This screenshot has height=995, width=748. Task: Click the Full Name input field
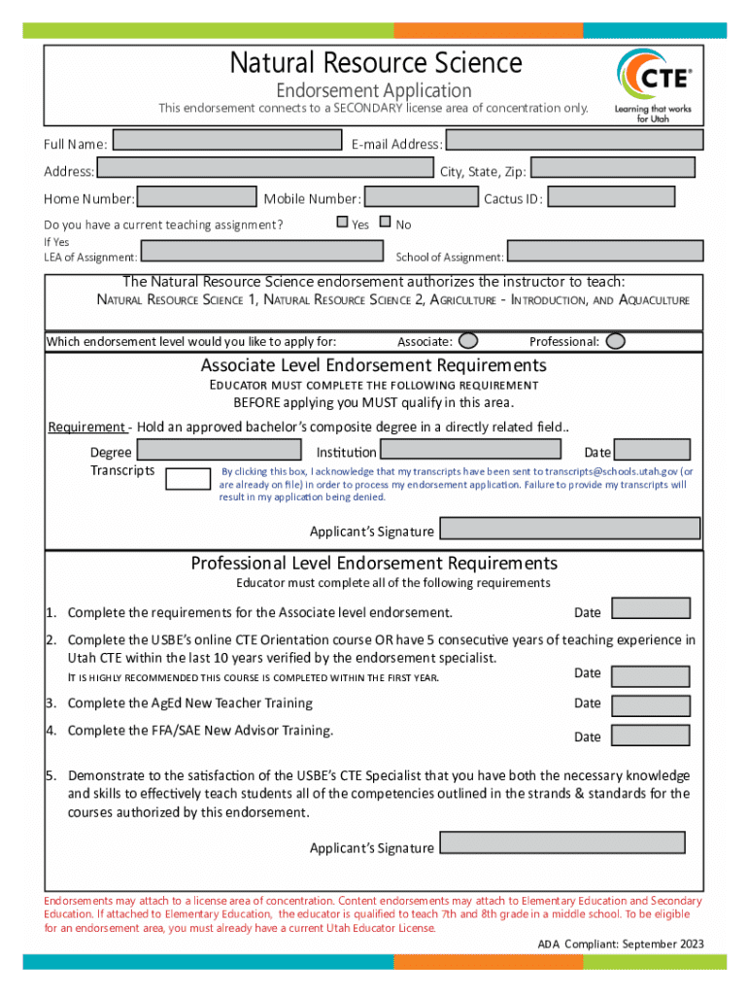225,140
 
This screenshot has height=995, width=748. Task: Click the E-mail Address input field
574,140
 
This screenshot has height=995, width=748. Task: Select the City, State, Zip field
613,168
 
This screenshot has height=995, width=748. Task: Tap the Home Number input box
197,196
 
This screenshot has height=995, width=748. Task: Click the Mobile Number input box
420,196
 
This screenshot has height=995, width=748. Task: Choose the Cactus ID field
611,196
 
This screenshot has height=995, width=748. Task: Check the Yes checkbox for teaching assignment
342,222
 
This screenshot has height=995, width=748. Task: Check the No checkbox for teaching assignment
385,222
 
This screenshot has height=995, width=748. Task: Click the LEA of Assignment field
261,252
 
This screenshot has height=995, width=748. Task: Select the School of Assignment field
604,252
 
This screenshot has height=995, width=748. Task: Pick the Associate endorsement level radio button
468,341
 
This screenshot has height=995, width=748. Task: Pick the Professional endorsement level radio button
615,341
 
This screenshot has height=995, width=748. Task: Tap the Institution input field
470,449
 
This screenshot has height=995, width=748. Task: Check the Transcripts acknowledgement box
187,477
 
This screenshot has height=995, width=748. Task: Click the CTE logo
654,84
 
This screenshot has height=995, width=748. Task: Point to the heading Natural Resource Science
376,63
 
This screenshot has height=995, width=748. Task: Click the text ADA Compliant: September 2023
622,944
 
